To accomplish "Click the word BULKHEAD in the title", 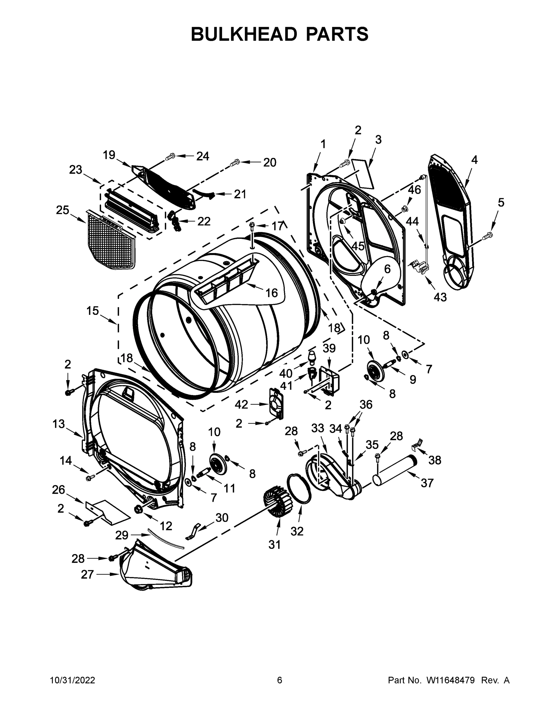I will pos(244,34).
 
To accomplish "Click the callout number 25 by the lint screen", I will pos(63,210).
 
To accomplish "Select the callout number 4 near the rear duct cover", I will pos(474,160).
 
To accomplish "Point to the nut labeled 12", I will pos(138,509).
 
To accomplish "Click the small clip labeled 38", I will pos(418,444).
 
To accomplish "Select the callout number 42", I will pos(241,404).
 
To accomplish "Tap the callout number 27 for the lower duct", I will pos(87,575).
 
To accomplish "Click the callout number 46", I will pos(414,190).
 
